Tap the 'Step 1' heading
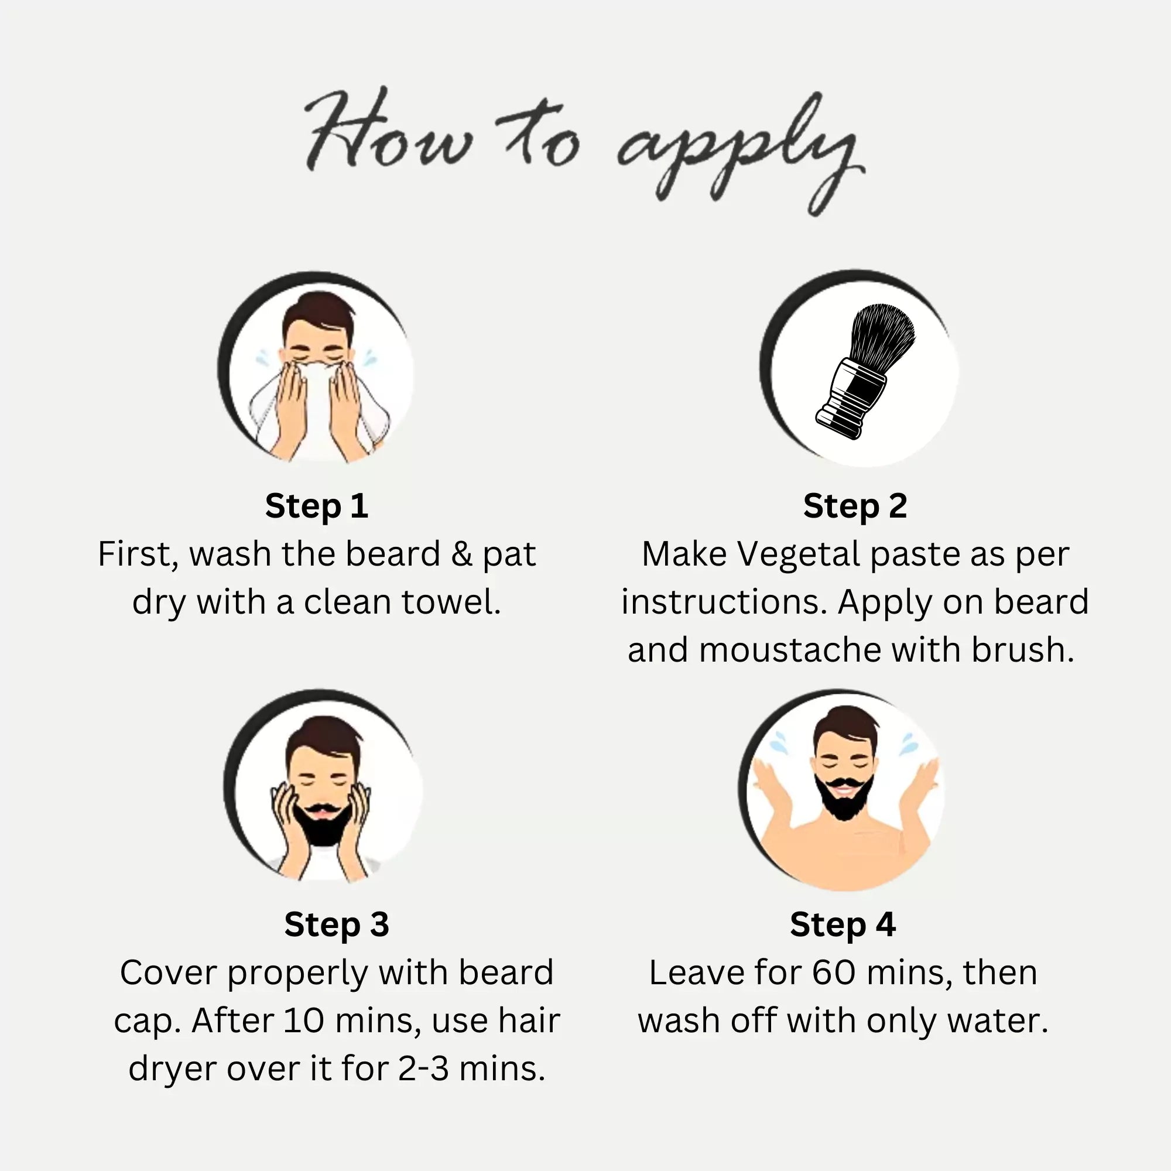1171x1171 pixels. tap(316, 506)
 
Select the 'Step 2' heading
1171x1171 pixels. tap(855, 506)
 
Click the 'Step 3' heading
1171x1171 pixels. tap(337, 925)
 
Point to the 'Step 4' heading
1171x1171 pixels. tap(843, 925)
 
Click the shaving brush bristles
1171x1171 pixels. tap(882, 333)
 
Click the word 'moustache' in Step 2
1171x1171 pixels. tap(791, 650)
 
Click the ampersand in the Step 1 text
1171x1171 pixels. tap(461, 554)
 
